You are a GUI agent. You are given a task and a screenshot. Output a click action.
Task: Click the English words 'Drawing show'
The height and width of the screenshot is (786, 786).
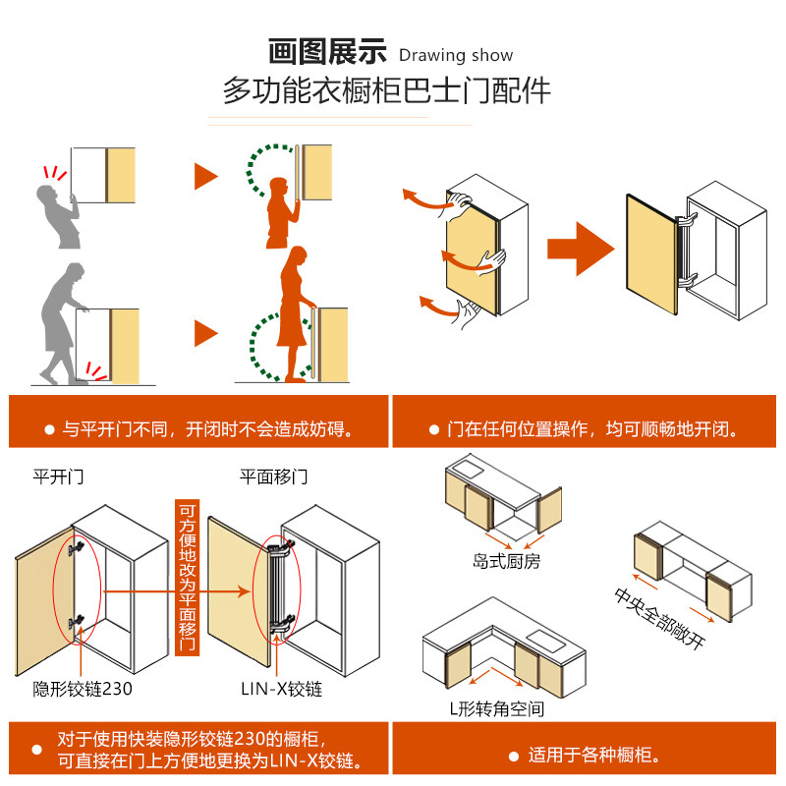[456, 55]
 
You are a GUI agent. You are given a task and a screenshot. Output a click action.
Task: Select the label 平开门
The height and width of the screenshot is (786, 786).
[58, 477]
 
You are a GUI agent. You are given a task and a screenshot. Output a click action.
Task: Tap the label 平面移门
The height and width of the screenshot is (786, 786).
[274, 477]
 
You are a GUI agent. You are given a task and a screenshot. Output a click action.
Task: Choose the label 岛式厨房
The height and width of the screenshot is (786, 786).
[506, 562]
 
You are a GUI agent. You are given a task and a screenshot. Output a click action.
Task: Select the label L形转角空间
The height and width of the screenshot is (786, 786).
[497, 708]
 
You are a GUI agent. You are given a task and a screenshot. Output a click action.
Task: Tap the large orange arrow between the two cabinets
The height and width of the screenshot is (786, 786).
[579, 244]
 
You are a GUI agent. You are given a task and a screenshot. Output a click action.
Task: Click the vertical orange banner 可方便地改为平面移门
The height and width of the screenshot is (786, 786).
[187, 579]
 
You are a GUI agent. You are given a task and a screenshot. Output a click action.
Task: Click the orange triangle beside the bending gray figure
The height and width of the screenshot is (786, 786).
[204, 334]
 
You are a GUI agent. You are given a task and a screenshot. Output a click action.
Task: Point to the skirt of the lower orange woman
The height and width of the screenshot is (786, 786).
[293, 326]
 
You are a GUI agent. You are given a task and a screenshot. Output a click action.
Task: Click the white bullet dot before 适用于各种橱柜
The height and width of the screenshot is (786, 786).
[513, 757]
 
